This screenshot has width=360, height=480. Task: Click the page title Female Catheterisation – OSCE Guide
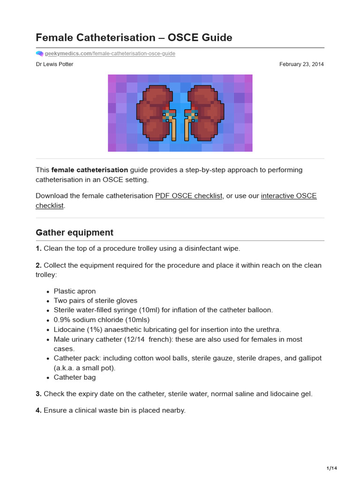point(134,37)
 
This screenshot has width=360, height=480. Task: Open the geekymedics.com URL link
point(110,54)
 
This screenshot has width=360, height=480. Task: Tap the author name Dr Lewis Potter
point(54,64)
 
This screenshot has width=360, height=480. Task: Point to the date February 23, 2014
point(301,64)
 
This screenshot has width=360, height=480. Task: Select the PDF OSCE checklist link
point(188,196)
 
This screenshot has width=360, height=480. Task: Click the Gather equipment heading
point(75,232)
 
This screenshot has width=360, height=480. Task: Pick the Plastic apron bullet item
point(75,291)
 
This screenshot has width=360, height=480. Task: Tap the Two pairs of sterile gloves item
point(96,300)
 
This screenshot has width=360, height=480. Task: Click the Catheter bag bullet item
point(75,377)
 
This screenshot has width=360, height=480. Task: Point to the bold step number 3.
point(38,394)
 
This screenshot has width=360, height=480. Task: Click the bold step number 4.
point(38,410)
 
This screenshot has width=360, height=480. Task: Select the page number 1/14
point(332,468)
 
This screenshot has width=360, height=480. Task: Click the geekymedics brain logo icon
point(39,54)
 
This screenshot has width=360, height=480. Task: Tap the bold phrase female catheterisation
point(90,170)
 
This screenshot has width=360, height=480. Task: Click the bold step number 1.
point(38,248)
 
